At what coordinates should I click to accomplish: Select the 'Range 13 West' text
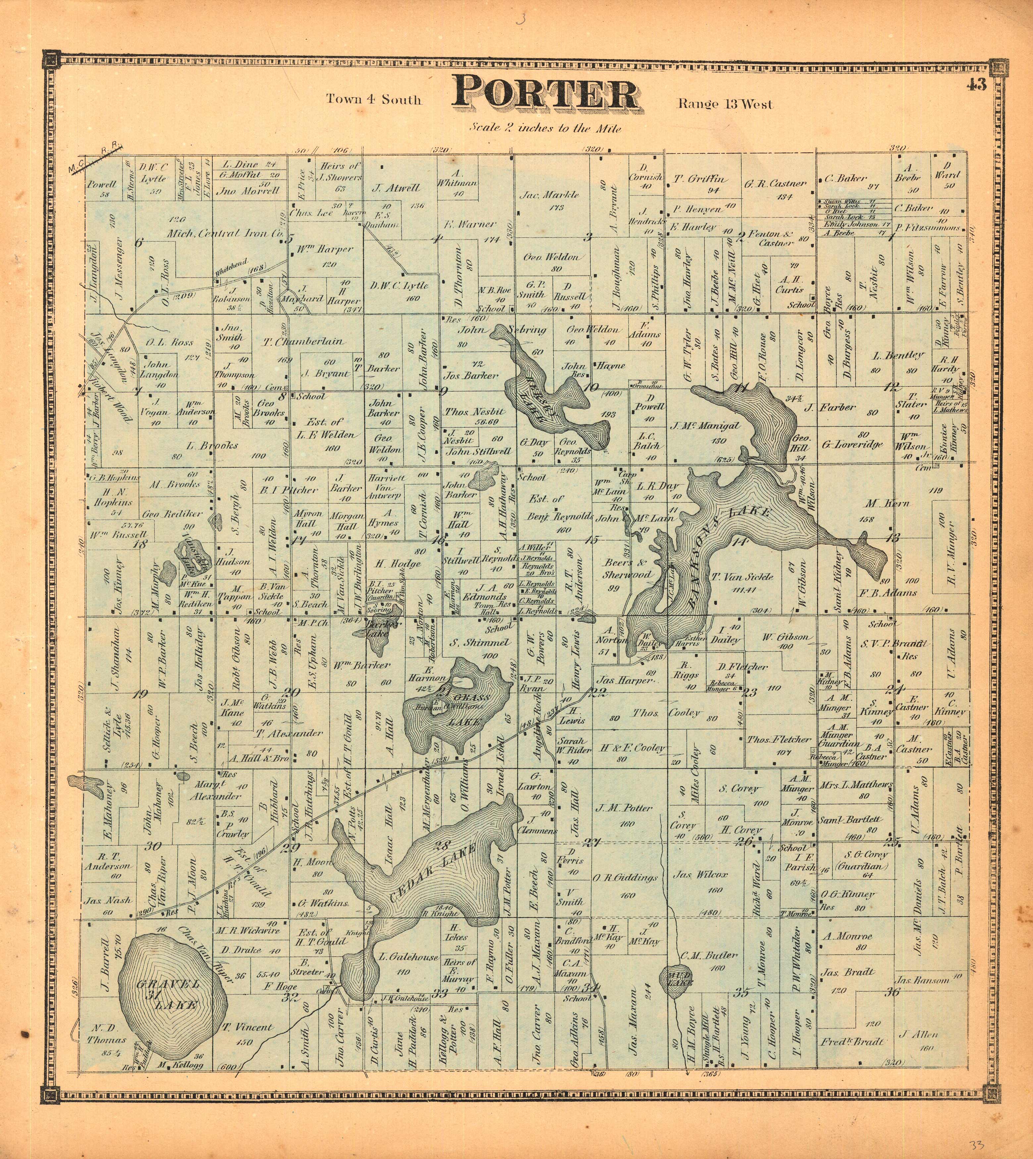tap(725, 104)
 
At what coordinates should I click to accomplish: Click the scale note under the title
tap(545, 128)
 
